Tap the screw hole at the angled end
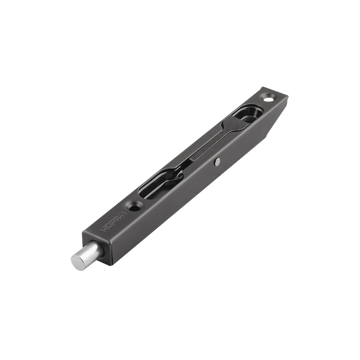point(268,97)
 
